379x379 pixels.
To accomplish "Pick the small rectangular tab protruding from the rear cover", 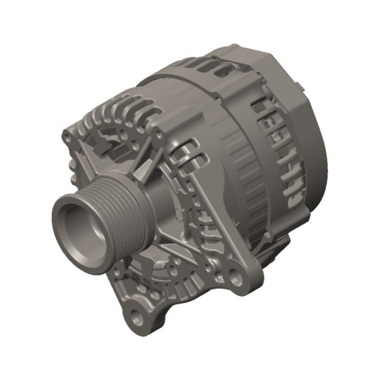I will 301,87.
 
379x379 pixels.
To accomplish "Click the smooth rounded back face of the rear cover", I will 315,141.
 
